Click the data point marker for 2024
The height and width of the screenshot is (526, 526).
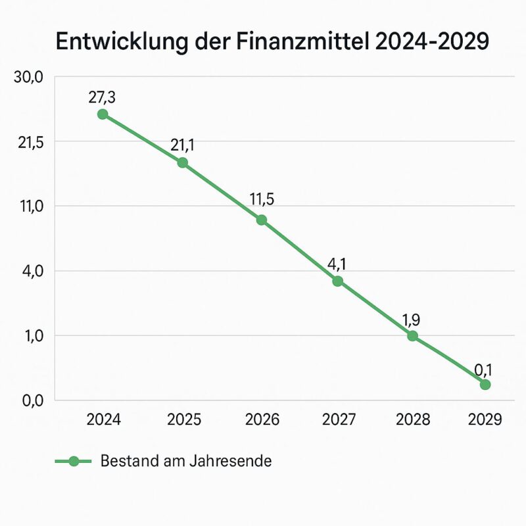pyautogui.click(x=103, y=114)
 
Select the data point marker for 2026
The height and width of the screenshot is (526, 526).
pyautogui.click(x=262, y=220)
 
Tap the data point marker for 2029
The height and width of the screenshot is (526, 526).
pyautogui.click(x=485, y=384)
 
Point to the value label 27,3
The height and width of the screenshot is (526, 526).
pyautogui.click(x=102, y=97)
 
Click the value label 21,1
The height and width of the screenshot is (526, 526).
pyautogui.click(x=183, y=146)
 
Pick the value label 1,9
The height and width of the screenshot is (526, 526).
pyautogui.click(x=411, y=320)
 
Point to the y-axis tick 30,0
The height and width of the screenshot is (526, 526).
pyautogui.click(x=28, y=77)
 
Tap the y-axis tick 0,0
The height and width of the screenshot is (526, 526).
pyautogui.click(x=28, y=400)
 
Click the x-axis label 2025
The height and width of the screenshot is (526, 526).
pyautogui.click(x=183, y=419)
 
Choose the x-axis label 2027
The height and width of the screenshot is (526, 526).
pyautogui.click(x=338, y=419)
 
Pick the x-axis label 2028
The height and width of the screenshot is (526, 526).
pyautogui.click(x=412, y=419)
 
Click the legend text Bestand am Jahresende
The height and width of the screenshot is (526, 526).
pyautogui.click(x=186, y=461)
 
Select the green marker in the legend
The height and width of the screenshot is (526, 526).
pyautogui.click(x=74, y=461)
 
